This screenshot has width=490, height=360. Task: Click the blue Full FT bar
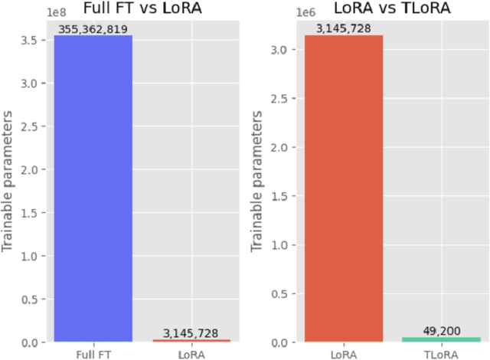click(x=93, y=188)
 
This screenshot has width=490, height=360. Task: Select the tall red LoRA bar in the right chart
click(x=344, y=188)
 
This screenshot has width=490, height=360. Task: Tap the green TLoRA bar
click(x=443, y=339)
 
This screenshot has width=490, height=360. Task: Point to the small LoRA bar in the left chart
click(x=191, y=340)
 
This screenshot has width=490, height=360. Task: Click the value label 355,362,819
click(x=93, y=29)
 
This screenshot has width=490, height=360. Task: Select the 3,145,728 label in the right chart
click(x=344, y=29)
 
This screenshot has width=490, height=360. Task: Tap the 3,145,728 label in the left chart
click(x=191, y=333)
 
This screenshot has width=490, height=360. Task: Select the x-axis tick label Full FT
click(x=93, y=353)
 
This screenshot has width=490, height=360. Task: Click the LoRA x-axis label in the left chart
click(x=191, y=353)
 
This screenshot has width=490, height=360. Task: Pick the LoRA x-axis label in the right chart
click(x=344, y=353)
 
